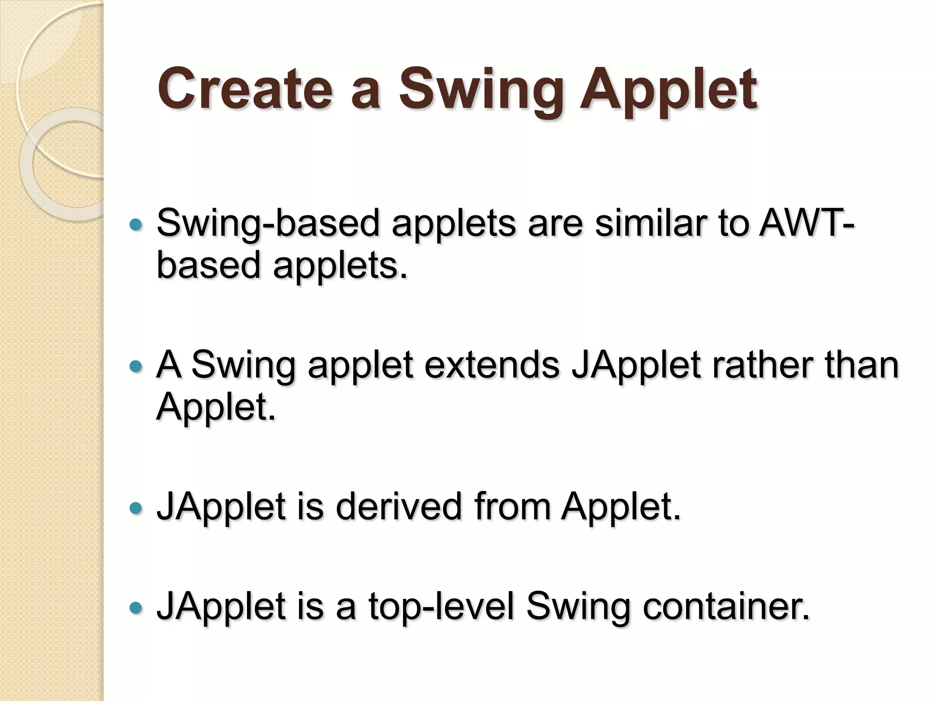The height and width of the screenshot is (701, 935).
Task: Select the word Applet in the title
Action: (668, 91)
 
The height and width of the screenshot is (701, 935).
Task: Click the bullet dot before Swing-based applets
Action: (136, 225)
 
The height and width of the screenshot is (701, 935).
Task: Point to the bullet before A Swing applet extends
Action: (136, 366)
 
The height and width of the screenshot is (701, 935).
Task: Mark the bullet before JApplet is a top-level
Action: (136, 608)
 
